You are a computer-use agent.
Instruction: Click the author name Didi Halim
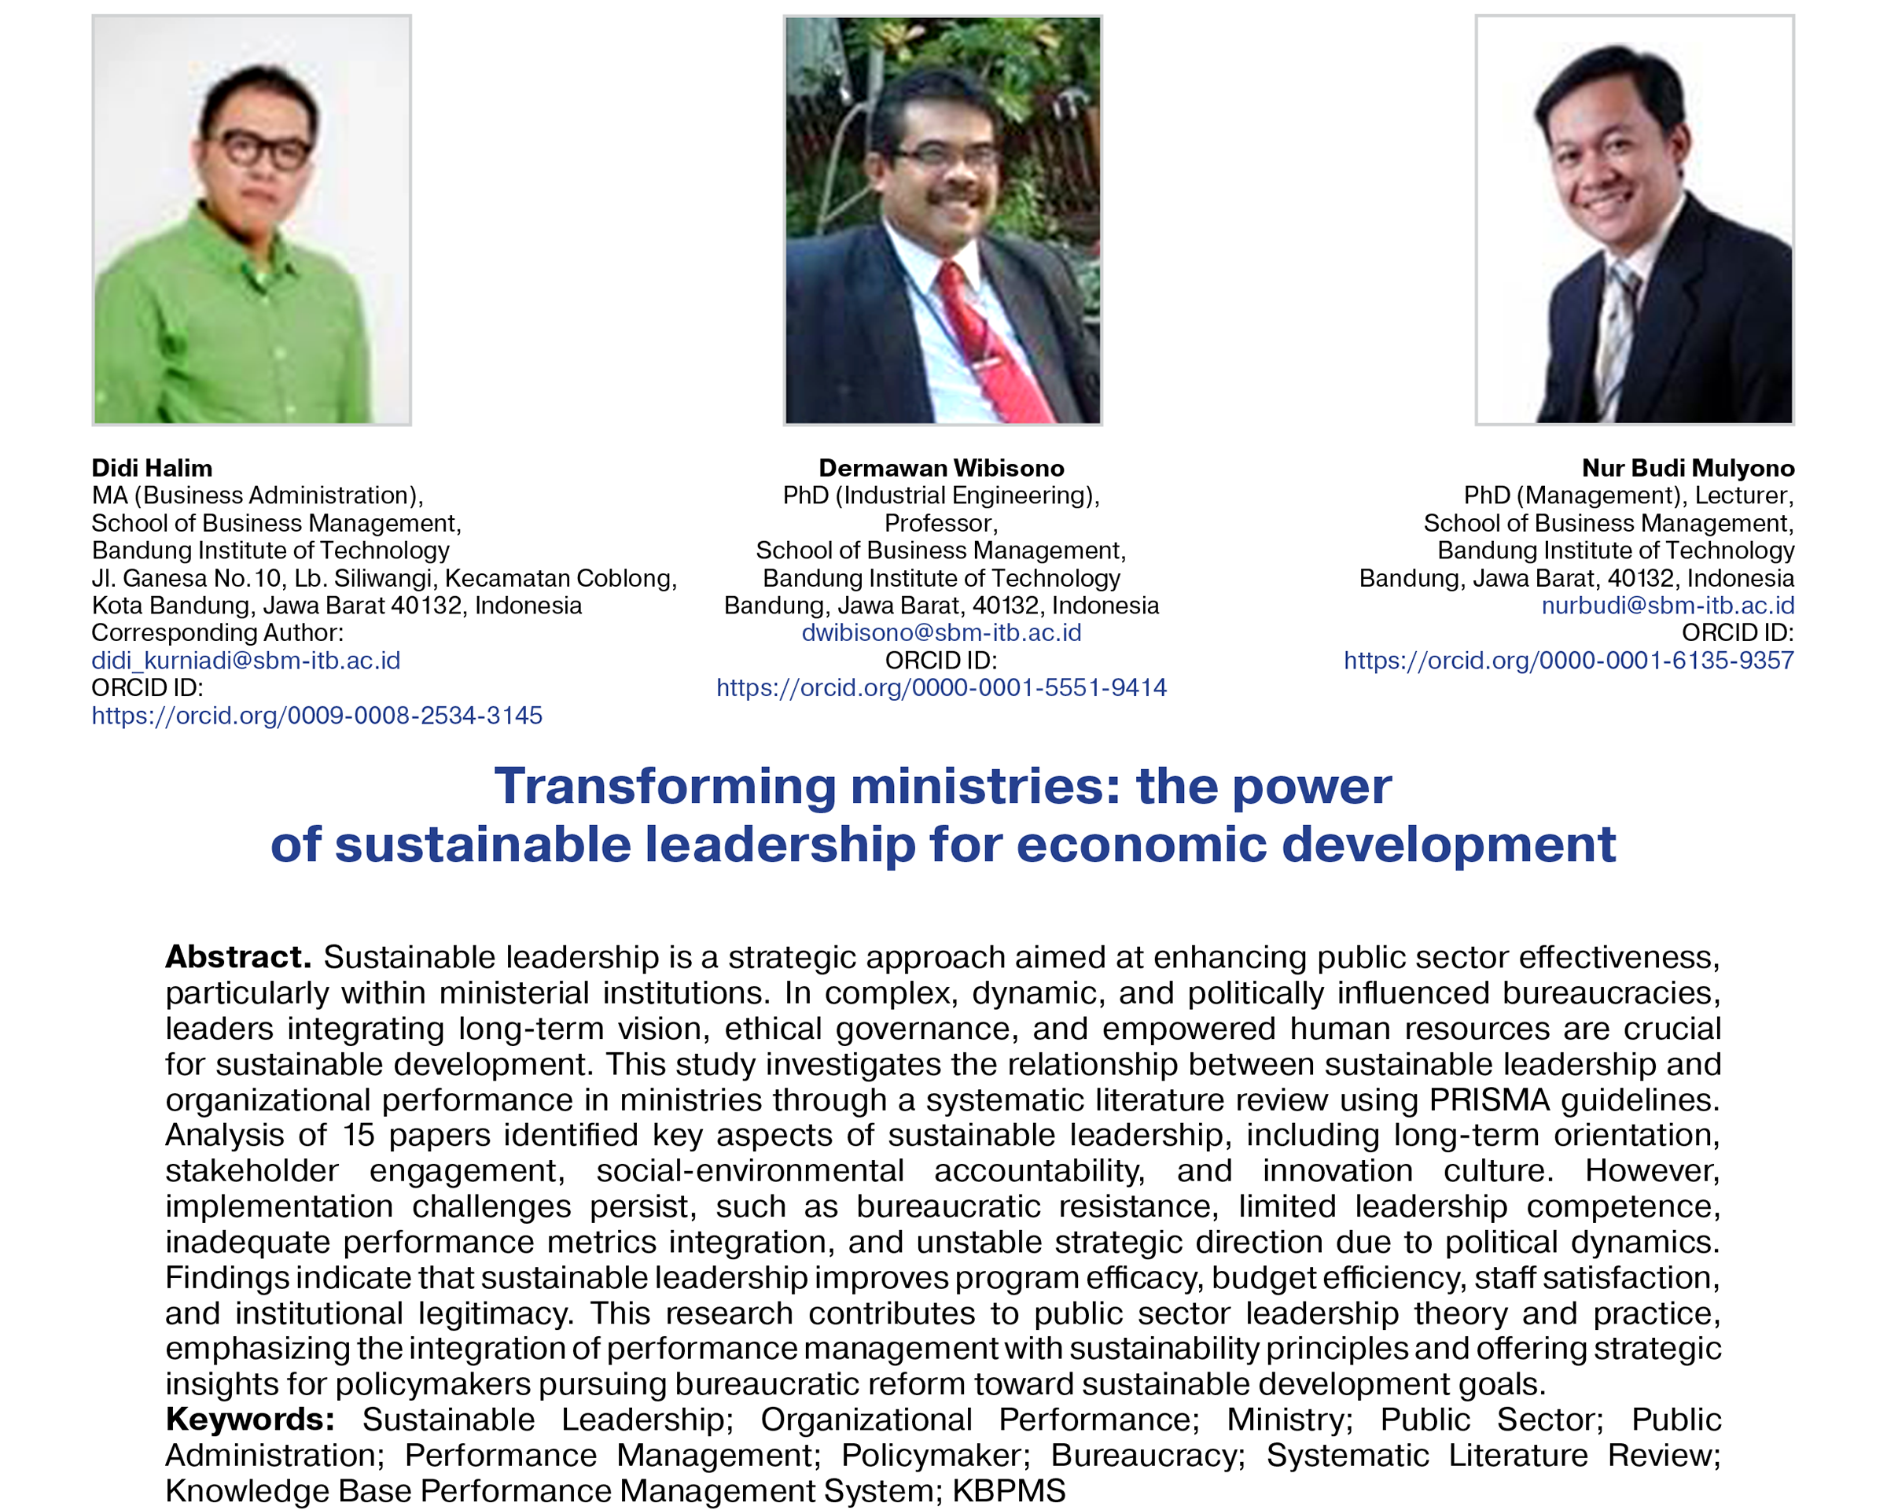tap(152, 468)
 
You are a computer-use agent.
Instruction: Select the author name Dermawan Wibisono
tap(942, 468)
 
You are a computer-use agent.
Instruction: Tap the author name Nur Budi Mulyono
tap(1688, 468)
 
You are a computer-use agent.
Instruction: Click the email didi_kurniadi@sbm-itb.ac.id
tap(246, 661)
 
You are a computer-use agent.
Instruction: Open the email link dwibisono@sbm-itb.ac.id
tap(942, 633)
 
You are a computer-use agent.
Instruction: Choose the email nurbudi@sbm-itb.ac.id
tap(1668, 606)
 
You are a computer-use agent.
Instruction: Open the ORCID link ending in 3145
tap(317, 716)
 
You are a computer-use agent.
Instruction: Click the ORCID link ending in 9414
tap(942, 688)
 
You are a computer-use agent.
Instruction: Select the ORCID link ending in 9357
tap(1569, 661)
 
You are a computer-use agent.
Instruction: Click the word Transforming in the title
tap(665, 787)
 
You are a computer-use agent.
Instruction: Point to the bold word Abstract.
tap(238, 957)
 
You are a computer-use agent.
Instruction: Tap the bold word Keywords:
tap(250, 1419)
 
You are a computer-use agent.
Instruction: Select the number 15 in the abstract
tap(358, 1136)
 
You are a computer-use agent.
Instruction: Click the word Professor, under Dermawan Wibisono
tap(942, 524)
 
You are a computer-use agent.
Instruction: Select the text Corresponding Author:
tap(218, 633)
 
